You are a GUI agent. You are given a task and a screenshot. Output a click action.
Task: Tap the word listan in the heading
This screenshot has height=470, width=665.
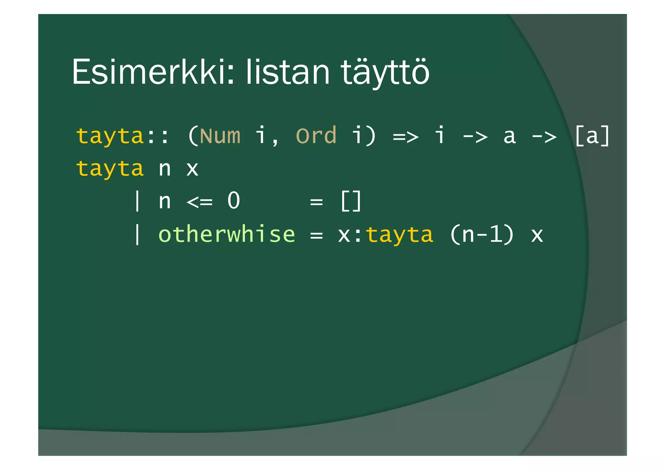288,72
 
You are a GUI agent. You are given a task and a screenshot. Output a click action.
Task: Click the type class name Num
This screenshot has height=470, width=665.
220,136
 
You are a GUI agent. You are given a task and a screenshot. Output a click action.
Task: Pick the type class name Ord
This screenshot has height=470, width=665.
316,136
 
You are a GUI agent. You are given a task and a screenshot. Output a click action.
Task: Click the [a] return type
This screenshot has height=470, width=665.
592,136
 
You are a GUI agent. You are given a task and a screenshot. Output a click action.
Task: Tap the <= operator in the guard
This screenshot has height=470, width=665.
200,202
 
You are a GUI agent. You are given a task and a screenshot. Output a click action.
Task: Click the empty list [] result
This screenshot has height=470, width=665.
351,201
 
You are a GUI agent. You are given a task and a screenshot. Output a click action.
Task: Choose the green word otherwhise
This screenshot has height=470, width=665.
227,234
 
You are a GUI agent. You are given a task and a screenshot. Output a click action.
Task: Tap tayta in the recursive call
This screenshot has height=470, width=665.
399,235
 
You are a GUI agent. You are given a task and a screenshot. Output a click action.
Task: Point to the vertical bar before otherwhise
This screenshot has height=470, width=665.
137,234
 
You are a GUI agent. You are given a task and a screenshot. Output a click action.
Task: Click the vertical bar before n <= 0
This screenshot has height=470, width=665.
137,201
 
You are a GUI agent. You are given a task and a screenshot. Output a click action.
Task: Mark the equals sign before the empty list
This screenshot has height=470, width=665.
316,202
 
